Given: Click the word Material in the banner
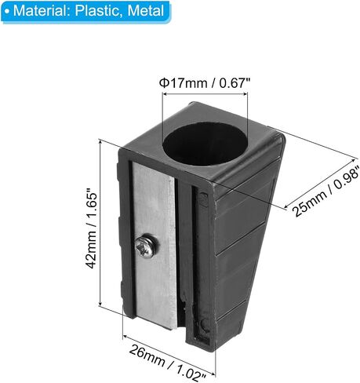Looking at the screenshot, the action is tap(41, 11).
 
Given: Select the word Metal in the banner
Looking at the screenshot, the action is tap(146, 11).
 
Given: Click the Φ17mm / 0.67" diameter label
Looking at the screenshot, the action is tap(205, 83).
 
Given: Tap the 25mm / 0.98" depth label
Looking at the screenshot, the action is tap(325, 193).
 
